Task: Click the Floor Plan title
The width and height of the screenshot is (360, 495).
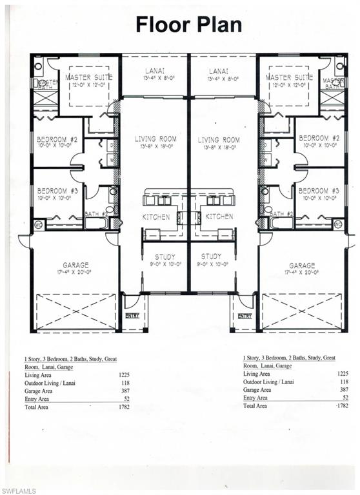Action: [x=188, y=24]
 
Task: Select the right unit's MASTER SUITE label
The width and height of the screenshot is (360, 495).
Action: [x=289, y=77]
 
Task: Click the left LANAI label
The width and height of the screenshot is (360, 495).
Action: [x=155, y=72]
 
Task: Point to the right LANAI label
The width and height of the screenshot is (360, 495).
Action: [x=223, y=72]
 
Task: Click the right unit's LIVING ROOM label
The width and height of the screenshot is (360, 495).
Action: [x=219, y=139]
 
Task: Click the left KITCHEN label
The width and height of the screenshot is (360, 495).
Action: [x=156, y=217]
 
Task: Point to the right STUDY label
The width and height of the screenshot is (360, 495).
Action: [x=211, y=257]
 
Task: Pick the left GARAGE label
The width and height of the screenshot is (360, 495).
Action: [x=76, y=265]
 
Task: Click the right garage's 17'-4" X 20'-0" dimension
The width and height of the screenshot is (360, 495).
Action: [x=302, y=273]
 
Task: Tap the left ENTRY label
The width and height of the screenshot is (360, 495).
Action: [x=132, y=316]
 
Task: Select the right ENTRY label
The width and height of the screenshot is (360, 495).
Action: [x=245, y=316]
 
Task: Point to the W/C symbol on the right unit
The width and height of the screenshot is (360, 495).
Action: [x=338, y=224]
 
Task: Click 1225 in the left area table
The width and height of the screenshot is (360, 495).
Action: [x=125, y=374]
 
